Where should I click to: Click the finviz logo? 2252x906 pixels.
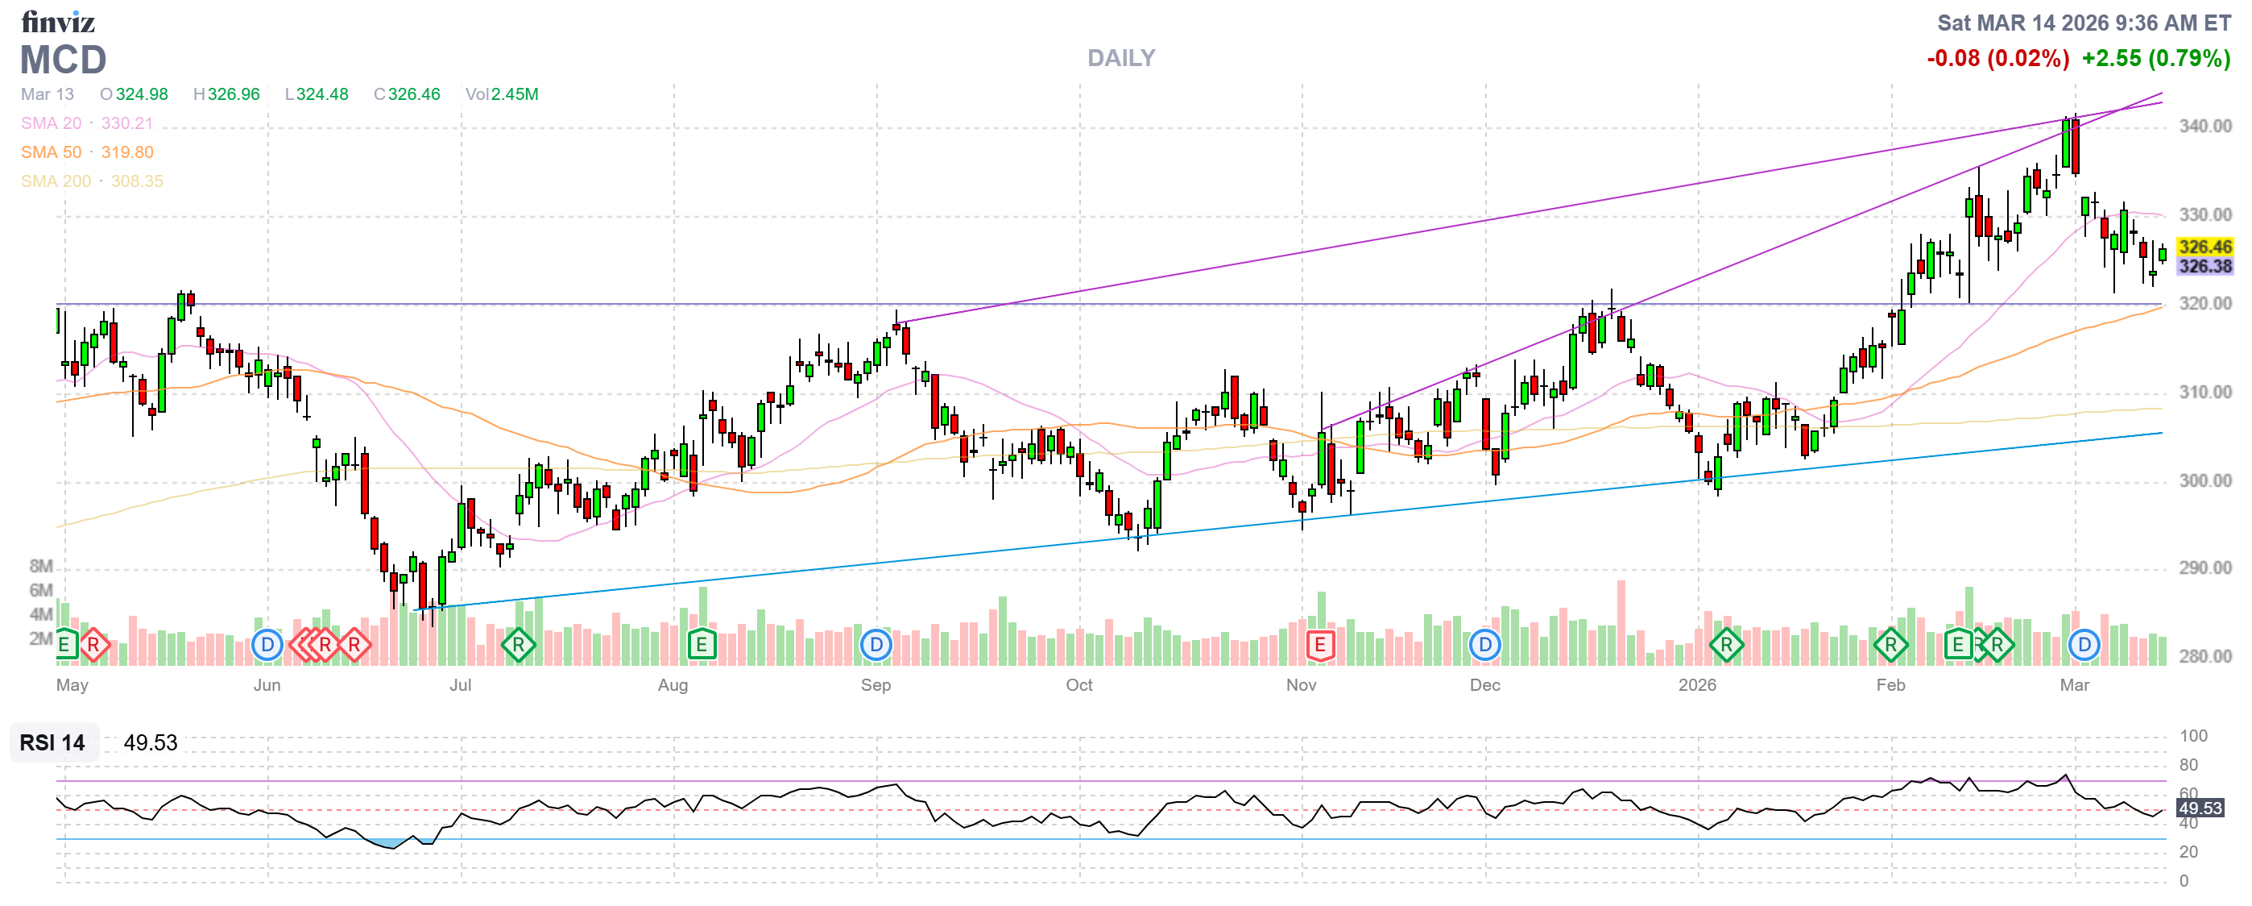click(58, 21)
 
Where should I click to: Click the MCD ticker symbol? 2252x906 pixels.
click(63, 60)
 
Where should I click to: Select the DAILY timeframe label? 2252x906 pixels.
click(1120, 58)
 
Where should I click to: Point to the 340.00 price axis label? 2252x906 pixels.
click(2204, 126)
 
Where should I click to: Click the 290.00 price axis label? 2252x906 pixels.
click(2204, 567)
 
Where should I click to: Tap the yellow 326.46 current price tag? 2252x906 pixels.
click(2204, 247)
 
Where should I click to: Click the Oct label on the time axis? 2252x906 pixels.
click(1078, 685)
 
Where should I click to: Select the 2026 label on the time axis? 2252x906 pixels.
click(1697, 685)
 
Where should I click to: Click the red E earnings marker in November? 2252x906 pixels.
click(1319, 646)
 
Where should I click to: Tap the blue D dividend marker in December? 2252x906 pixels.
click(1484, 646)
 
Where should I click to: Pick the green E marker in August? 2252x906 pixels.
click(701, 646)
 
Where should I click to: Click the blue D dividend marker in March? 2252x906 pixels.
click(2084, 646)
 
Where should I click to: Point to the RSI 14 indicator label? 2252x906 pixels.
click(52, 742)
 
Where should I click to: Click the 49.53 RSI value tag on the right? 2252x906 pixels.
click(2200, 808)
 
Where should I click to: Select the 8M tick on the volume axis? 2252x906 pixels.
click(41, 566)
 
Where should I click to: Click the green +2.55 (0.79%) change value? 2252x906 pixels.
click(2156, 59)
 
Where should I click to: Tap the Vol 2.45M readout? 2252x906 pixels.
click(502, 94)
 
